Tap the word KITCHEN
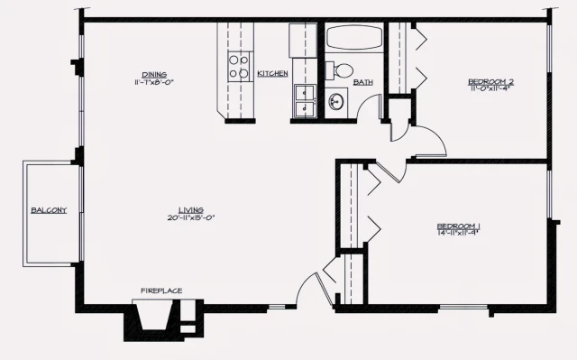pos(272,73)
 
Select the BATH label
pos(363,82)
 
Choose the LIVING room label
pos(189,209)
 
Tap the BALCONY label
pos(49,210)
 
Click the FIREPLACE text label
pos(161,291)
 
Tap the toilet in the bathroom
pos(342,69)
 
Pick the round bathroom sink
pos(336,101)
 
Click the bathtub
pos(355,39)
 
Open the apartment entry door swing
pos(311,289)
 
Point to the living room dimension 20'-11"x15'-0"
pos(189,217)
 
